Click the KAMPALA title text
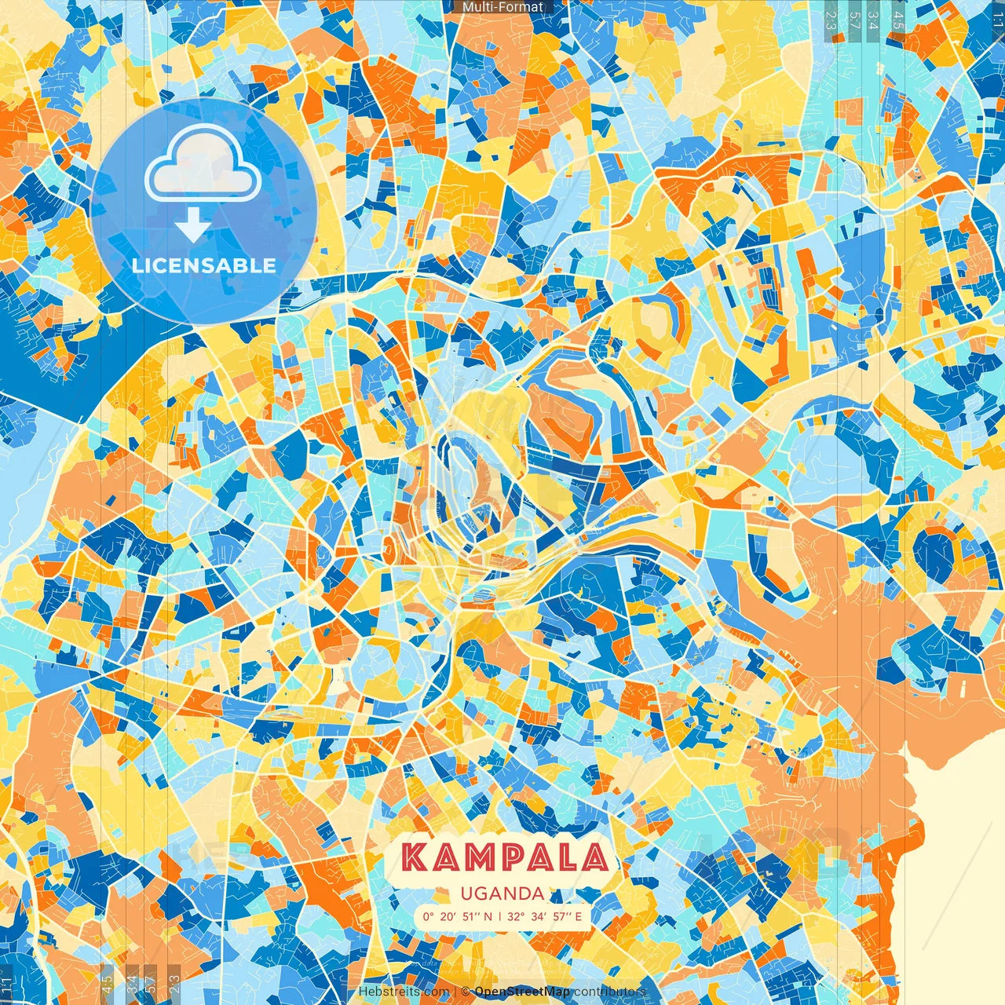coord(505,857)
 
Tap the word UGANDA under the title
coord(502,894)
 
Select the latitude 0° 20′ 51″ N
coord(458,916)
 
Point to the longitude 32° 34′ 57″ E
coord(544,916)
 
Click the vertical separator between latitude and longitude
coord(500,916)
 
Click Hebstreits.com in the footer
coord(404,992)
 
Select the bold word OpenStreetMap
coord(521,992)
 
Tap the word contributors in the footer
coord(609,992)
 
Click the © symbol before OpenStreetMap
coord(466,992)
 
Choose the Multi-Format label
coord(502,7)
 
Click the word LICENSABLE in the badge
coord(204,265)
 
